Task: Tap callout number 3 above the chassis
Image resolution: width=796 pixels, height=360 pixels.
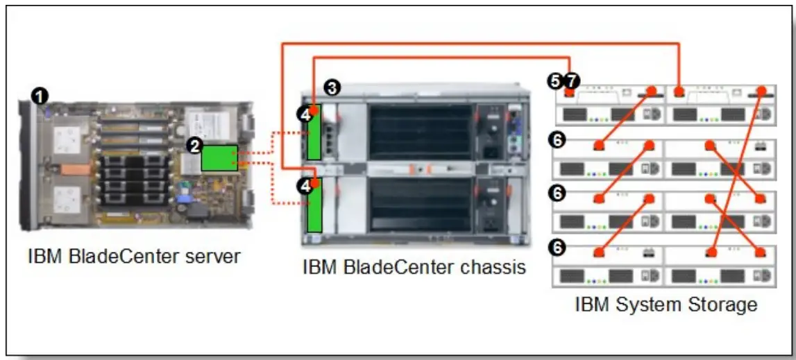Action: point(333,87)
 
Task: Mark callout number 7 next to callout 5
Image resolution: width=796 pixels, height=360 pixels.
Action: point(570,81)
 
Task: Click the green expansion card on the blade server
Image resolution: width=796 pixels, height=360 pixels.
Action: point(219,158)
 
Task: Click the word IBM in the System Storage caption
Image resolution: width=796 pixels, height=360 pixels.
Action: point(591,305)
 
